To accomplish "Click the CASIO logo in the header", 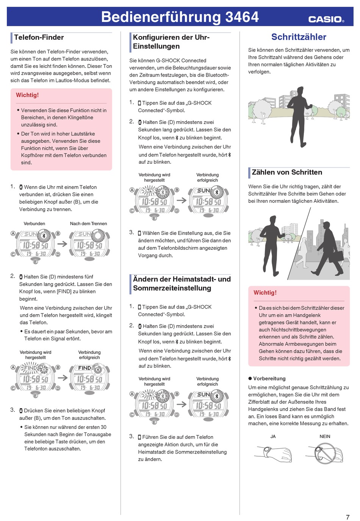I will (326, 19).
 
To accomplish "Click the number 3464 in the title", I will (242, 17).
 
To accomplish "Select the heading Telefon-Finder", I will (39, 38).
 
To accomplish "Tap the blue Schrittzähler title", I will (299, 37).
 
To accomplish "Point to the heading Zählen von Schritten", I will (287, 172).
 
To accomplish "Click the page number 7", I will (347, 517).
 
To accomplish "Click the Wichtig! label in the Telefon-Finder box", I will (27, 95).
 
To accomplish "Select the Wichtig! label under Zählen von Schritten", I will (265, 293).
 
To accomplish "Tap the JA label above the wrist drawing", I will (273, 437).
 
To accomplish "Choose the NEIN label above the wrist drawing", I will (325, 437).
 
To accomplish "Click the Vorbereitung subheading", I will (269, 379).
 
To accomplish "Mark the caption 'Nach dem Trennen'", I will (88, 224).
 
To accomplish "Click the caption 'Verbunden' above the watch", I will (34, 224).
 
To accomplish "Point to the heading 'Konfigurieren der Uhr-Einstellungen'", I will (171, 42).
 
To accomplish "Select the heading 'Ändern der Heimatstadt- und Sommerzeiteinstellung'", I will (182, 283).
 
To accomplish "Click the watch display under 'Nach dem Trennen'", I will (89, 245).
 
